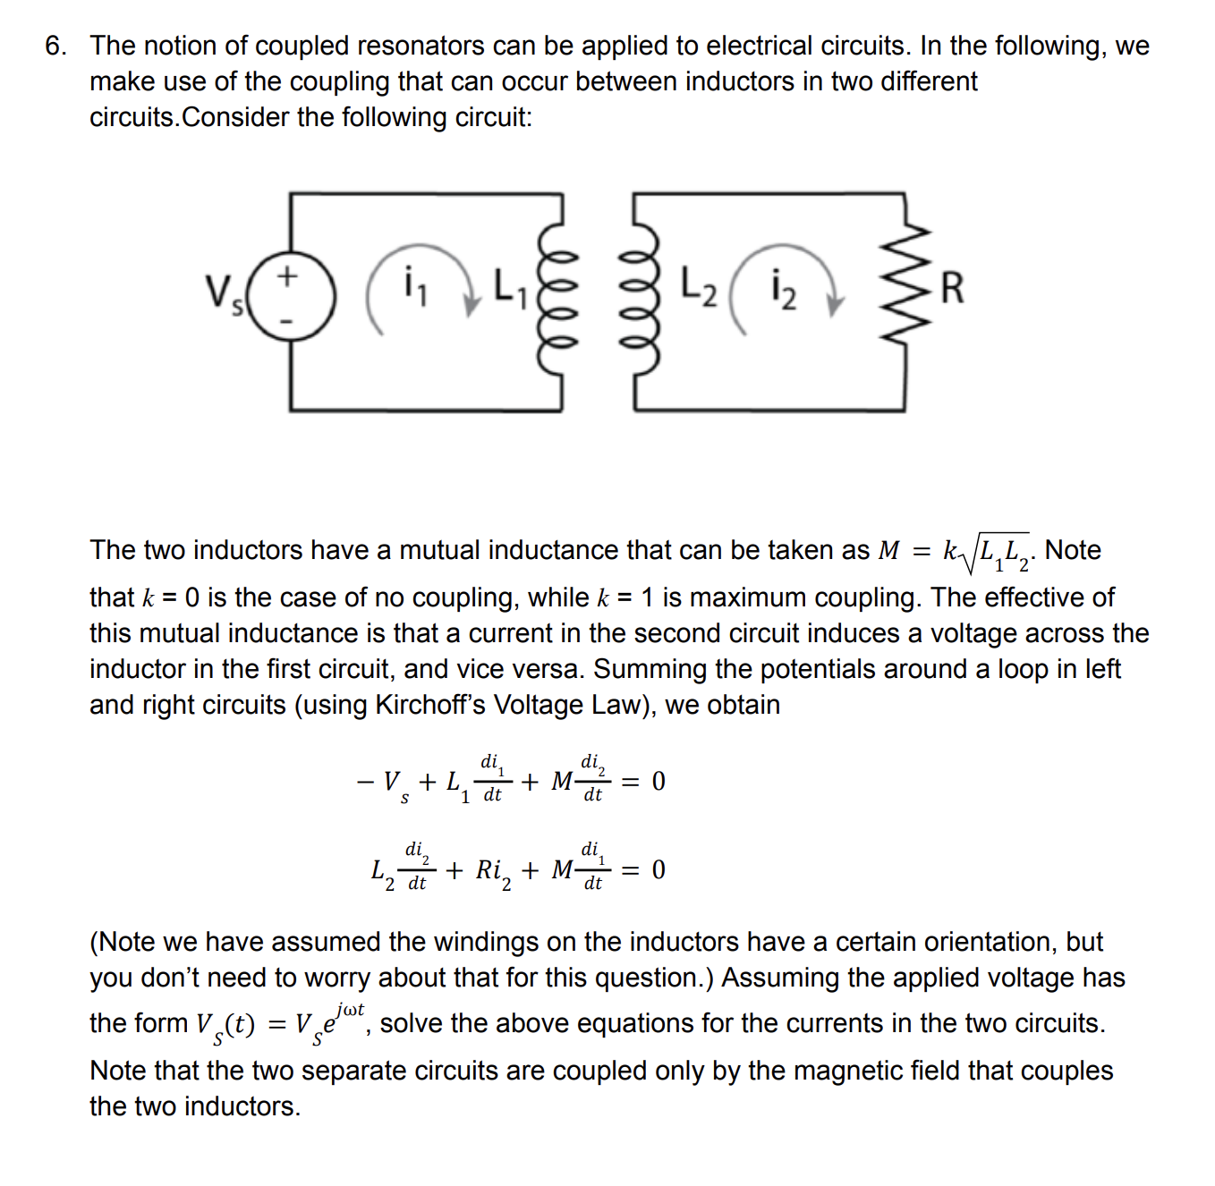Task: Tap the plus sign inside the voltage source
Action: click(286, 275)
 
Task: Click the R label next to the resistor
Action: click(953, 288)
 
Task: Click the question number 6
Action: click(55, 47)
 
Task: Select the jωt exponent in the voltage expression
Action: click(350, 1011)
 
